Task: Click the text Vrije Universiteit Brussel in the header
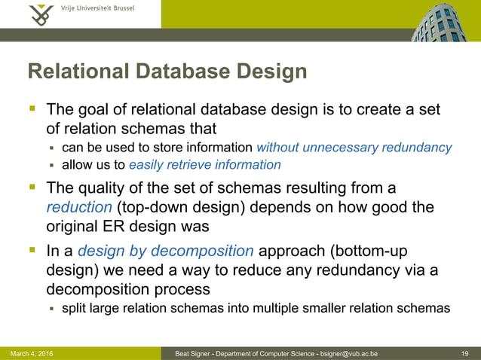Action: (97, 9)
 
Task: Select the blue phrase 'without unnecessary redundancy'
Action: (354, 147)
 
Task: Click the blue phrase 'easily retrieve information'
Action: (205, 164)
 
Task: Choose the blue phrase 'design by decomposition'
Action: (166, 251)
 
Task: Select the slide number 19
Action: (465, 353)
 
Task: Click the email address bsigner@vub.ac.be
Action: (348, 353)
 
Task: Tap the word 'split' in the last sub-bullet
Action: (74, 307)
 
